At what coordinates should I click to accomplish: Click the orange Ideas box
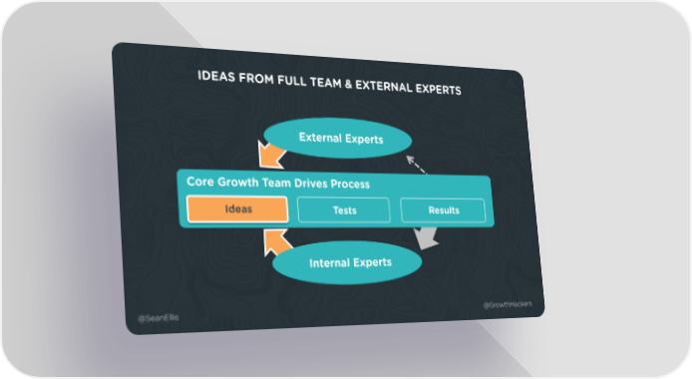(237, 208)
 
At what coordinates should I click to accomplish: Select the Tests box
(344, 210)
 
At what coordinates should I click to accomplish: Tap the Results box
(443, 210)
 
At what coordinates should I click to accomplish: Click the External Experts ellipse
(338, 138)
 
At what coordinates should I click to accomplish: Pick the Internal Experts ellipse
(347, 262)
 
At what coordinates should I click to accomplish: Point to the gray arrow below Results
(426, 238)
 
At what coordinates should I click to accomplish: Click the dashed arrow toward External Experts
(416, 165)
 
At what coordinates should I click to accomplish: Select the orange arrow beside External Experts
(271, 156)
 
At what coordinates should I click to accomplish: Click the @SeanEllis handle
(159, 318)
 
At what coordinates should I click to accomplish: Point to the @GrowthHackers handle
(508, 304)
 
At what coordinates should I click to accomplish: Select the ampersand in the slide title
(348, 84)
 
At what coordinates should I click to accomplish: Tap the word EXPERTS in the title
(439, 88)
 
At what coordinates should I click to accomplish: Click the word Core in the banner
(199, 182)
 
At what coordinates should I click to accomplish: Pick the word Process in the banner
(350, 184)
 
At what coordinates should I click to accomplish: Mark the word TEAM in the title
(325, 83)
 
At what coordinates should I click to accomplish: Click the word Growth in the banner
(238, 182)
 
